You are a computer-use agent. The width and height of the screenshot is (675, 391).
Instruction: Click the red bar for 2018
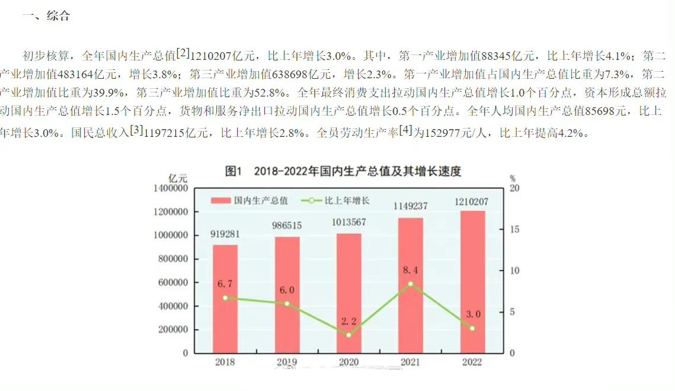[225, 299]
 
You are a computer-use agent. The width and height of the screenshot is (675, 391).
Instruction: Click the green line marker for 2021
[411, 284]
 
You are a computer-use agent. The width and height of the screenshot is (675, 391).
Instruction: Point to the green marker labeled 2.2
[349, 335]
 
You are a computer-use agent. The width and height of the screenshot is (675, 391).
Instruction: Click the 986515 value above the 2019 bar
[287, 225]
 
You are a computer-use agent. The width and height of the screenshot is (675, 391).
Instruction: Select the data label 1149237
[411, 206]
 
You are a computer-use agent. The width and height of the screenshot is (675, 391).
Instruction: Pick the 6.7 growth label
[225, 284]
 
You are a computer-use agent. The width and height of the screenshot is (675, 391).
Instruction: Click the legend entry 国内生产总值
[261, 200]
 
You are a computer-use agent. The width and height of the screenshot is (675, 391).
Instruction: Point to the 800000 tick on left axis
[172, 259]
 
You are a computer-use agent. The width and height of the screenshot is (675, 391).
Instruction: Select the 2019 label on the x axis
[287, 363]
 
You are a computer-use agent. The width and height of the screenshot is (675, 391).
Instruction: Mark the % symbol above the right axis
[513, 178]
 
